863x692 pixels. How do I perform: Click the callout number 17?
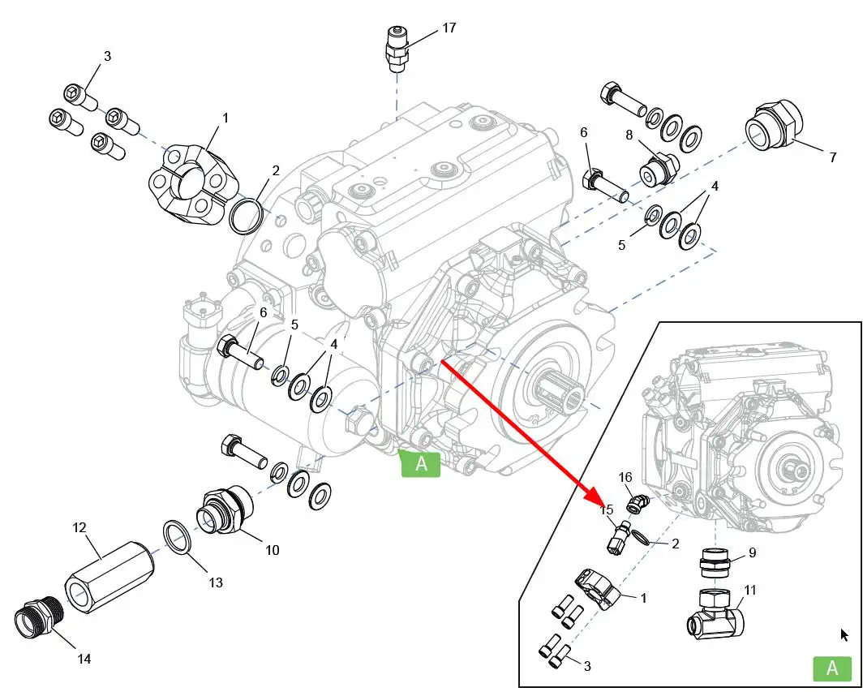[449, 28]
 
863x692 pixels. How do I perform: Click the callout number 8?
[628, 135]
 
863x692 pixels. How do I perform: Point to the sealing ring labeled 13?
[178, 536]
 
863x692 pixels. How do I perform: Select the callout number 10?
[272, 550]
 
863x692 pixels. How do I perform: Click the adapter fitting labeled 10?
[224, 511]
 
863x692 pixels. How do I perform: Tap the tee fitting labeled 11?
[715, 615]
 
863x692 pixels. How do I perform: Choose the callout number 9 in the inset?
[752, 552]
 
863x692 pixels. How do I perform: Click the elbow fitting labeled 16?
[637, 504]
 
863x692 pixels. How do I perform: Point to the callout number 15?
[607, 509]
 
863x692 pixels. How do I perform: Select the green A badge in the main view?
[421, 464]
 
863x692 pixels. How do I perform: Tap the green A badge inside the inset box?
[831, 668]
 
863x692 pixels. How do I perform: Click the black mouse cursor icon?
[844, 635]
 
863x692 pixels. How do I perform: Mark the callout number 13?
[215, 582]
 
